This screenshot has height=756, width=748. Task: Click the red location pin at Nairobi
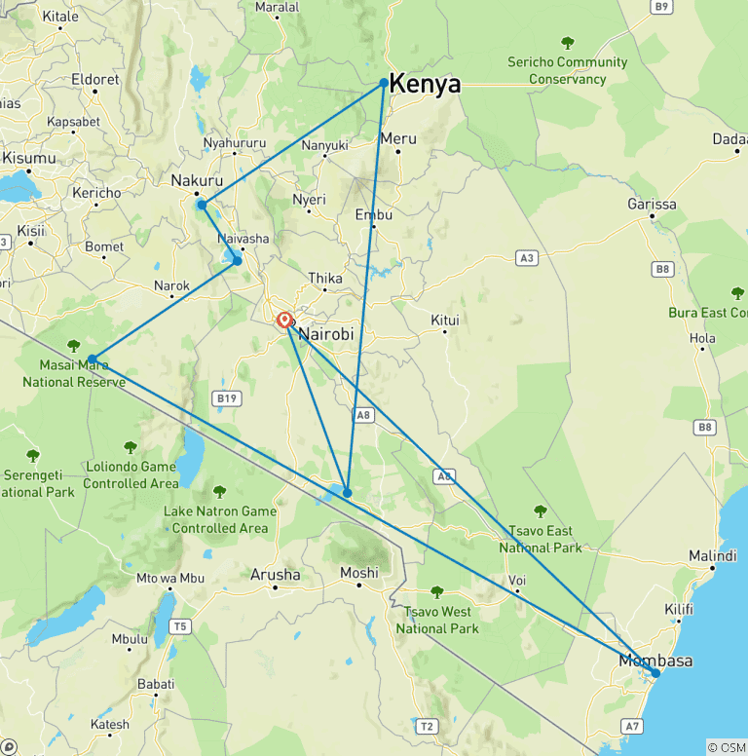point(284,320)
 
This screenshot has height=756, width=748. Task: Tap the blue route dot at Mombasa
point(655,673)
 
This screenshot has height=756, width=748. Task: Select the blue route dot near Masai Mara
point(92,359)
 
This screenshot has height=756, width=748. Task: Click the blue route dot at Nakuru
point(202,205)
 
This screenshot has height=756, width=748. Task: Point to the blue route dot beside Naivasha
point(237,260)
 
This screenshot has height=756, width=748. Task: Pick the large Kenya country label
point(425,85)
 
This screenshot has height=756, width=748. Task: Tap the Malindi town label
point(712,555)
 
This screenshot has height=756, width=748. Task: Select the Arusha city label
point(275,575)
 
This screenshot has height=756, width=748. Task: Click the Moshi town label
point(358,573)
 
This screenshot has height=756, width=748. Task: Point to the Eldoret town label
point(88,79)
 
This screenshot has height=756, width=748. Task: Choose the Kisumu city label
point(28,158)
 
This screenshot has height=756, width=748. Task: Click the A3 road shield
point(527,258)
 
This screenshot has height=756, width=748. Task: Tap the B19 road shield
point(226,397)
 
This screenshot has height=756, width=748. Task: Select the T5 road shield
point(180,626)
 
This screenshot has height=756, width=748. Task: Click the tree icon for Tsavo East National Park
point(541,510)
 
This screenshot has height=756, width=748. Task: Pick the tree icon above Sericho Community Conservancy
point(568,42)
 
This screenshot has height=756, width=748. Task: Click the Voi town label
point(516,581)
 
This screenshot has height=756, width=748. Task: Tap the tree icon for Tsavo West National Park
point(437,591)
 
